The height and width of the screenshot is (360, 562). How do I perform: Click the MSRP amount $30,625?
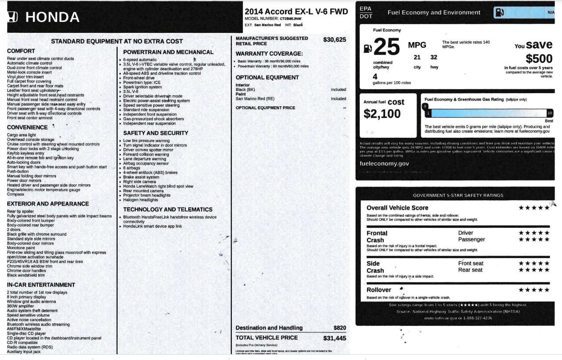coord(335,40)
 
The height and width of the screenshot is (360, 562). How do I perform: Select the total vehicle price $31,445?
coord(335,338)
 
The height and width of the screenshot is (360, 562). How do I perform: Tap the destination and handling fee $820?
coord(340,328)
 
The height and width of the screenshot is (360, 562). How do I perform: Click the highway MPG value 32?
coord(434,58)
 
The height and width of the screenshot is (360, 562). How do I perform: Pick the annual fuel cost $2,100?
coord(382,114)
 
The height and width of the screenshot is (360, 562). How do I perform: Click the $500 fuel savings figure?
coord(539,58)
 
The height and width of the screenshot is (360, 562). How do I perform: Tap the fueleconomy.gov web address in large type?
coord(384,163)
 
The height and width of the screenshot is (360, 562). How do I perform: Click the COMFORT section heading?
coord(21,51)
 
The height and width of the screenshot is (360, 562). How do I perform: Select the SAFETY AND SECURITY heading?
coord(155,133)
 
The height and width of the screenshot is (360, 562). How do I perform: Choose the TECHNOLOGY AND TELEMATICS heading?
coord(168,210)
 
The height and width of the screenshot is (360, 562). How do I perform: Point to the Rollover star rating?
coord(534,290)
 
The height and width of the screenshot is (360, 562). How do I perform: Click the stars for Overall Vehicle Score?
coord(534,208)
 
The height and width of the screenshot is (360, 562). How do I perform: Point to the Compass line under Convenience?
coord(16,194)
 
